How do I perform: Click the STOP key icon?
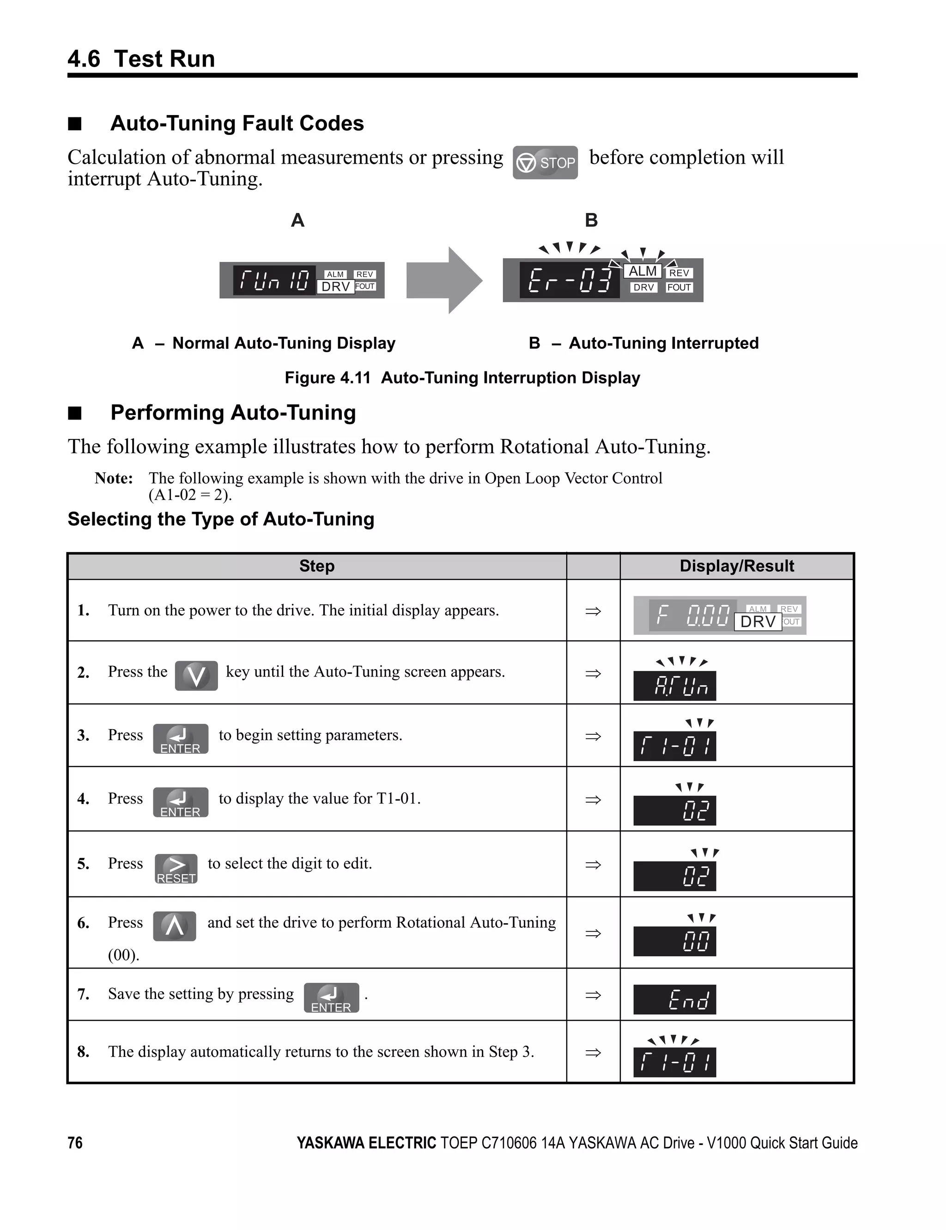click(x=545, y=163)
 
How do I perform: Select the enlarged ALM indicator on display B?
click(x=643, y=271)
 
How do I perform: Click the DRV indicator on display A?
click(x=336, y=286)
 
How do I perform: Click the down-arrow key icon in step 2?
click(x=196, y=675)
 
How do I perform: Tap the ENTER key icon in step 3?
click(x=181, y=738)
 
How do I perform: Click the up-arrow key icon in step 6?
click(x=175, y=926)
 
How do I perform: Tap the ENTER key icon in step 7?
click(x=331, y=998)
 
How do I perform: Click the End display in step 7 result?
click(x=674, y=999)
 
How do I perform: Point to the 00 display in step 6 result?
click(x=674, y=941)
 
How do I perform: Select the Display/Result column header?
click(x=737, y=566)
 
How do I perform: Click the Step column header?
click(x=316, y=566)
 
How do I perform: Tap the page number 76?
click(x=75, y=1143)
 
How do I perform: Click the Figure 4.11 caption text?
click(x=462, y=378)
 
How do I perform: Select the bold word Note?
click(x=114, y=478)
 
